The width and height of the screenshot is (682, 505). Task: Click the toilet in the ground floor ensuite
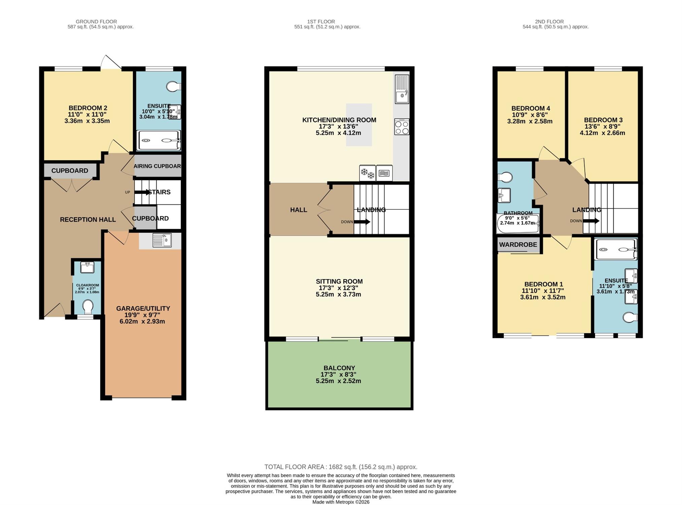[x=174, y=87]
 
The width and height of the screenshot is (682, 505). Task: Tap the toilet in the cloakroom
[x=88, y=306]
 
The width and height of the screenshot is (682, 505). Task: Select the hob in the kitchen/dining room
[x=402, y=127]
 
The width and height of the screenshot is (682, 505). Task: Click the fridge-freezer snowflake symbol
[x=367, y=173]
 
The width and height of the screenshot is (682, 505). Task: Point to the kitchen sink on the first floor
[x=402, y=89]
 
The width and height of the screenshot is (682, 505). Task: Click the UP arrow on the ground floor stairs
[x=143, y=192]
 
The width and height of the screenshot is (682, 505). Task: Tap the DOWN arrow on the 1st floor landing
[x=362, y=222]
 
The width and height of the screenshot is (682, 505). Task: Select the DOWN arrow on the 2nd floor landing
[x=591, y=221]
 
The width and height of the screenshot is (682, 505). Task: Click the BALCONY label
[x=339, y=368]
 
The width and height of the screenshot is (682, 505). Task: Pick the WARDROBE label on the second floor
[x=518, y=245]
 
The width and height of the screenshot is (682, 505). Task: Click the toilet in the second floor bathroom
[x=505, y=177]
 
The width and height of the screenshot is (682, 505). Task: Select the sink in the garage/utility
[x=162, y=240]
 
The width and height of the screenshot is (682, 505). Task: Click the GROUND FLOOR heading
[x=96, y=22]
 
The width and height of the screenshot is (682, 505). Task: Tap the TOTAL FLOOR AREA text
[x=341, y=467]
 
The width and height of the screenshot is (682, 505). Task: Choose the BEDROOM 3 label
[x=603, y=120]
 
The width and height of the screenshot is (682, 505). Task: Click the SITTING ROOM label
[x=339, y=281]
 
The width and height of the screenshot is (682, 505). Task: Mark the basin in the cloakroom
[x=88, y=268]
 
